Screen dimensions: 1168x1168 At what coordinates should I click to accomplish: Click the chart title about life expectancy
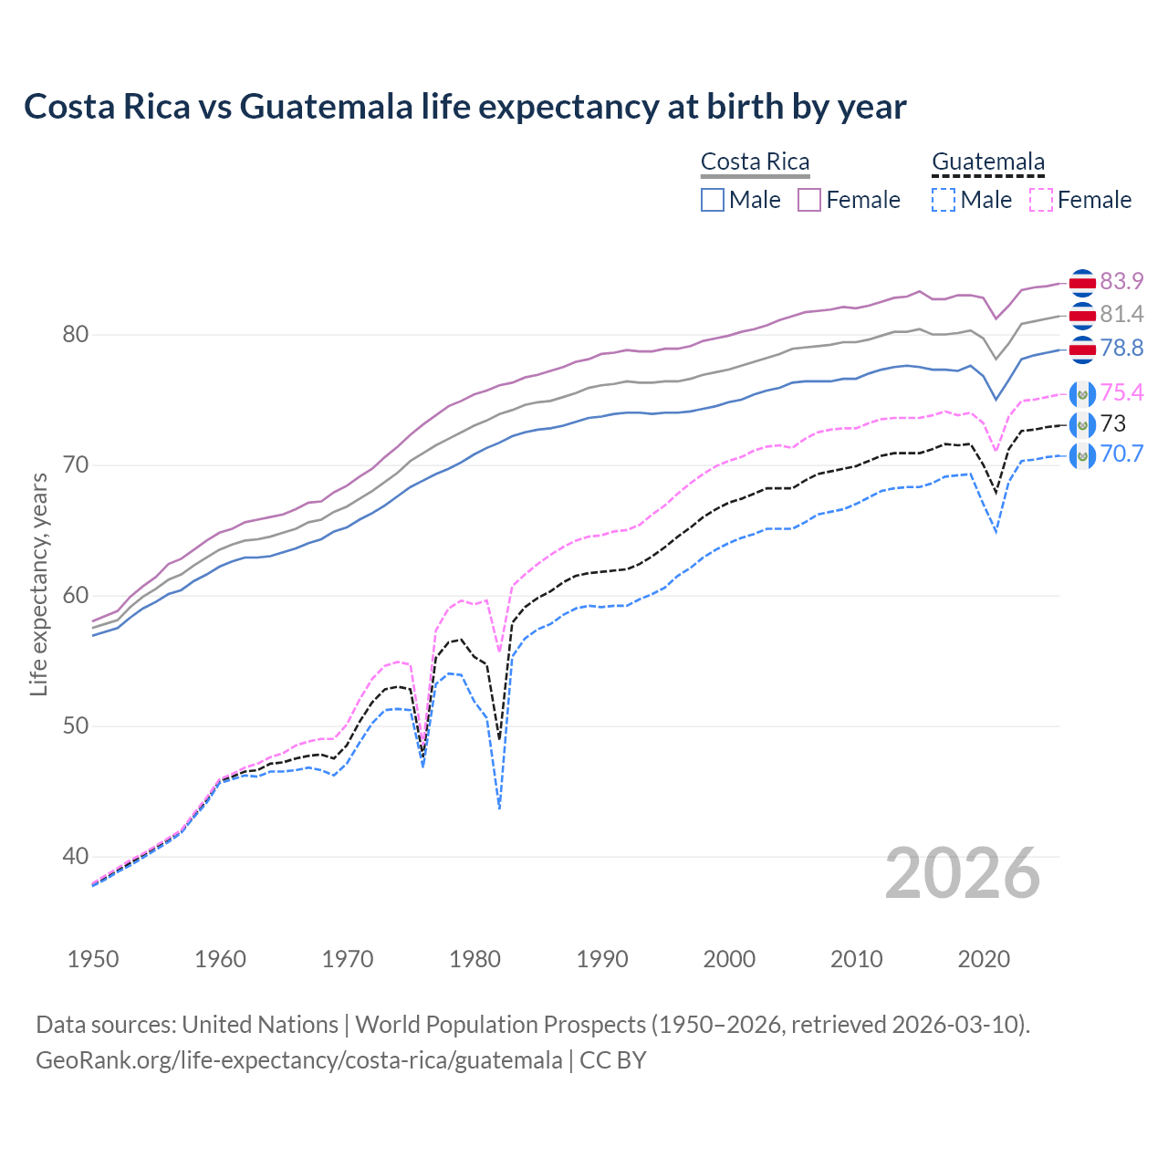click(464, 107)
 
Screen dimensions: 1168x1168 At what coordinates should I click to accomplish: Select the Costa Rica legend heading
click(755, 162)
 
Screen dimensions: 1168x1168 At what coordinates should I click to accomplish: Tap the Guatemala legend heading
click(987, 162)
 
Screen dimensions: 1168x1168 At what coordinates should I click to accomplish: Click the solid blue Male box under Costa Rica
click(713, 200)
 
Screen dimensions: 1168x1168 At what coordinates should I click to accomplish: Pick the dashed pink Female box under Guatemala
click(1041, 200)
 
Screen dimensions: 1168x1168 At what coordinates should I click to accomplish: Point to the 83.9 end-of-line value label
click(1121, 281)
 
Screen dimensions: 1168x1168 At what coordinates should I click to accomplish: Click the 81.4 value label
click(1121, 315)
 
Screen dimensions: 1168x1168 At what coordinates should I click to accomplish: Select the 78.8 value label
click(1121, 348)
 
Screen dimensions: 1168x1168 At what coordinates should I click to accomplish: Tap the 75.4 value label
click(1121, 392)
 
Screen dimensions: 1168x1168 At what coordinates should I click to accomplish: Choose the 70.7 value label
click(1121, 454)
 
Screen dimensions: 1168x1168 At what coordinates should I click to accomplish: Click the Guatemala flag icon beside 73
click(1082, 424)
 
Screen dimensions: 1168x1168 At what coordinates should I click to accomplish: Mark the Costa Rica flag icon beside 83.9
click(1082, 283)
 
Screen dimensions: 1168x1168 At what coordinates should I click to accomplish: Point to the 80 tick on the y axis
click(76, 335)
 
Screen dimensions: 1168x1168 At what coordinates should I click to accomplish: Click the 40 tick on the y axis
click(76, 857)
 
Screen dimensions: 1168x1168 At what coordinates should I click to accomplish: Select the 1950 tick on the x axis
click(93, 959)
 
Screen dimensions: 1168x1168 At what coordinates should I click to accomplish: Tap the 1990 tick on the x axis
click(602, 959)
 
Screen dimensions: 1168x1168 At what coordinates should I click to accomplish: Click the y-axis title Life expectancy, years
click(38, 584)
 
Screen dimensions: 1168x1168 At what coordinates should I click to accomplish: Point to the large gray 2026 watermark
click(963, 873)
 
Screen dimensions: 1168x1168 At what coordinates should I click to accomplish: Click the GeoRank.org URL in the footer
click(298, 1060)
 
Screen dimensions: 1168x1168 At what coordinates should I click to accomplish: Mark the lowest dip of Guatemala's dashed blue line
click(499, 808)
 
